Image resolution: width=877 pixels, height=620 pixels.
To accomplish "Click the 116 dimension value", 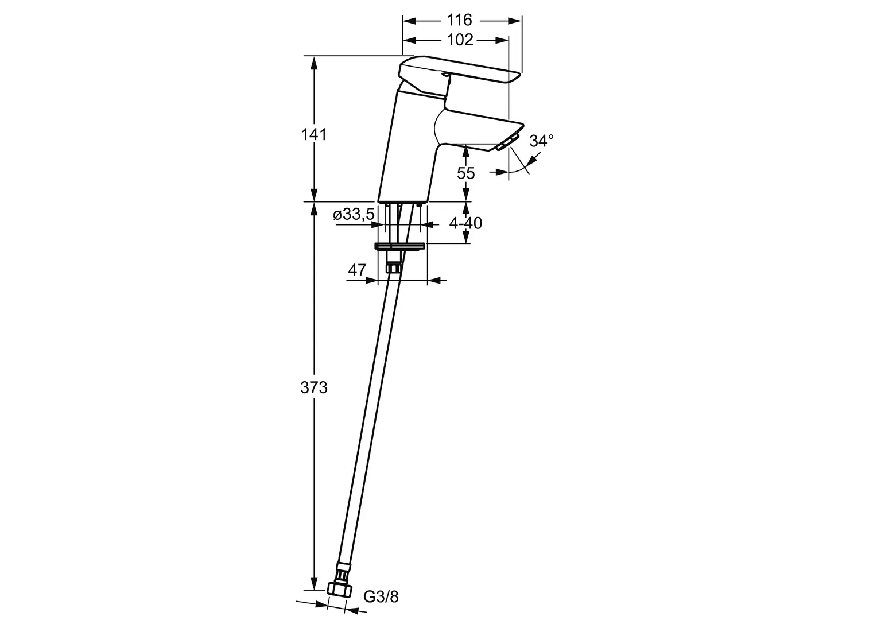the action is (460, 20).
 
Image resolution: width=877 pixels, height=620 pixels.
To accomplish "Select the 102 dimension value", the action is (460, 40).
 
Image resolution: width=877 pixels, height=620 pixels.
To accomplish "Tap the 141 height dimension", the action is (313, 135).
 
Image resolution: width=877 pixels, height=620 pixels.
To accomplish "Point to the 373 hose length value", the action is (313, 387).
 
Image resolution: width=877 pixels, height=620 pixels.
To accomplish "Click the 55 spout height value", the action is (465, 173).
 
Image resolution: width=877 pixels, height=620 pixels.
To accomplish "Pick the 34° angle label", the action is (541, 141).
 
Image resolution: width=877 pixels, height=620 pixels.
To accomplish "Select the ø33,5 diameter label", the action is (354, 214).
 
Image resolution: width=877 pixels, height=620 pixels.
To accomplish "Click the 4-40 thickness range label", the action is (465, 223).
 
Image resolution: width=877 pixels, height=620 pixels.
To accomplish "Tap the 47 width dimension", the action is (356, 270).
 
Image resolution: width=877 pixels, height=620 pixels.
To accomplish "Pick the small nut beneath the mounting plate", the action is (393, 268).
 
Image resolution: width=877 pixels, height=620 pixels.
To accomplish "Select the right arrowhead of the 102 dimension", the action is (502, 40).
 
